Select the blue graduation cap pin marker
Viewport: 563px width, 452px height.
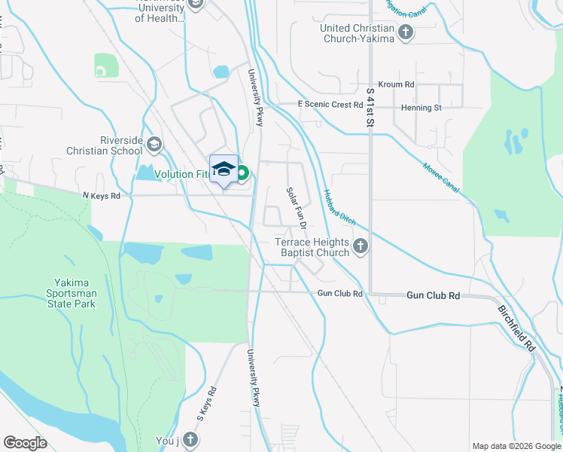click(224, 169)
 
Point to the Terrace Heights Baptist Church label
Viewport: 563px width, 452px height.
click(312, 247)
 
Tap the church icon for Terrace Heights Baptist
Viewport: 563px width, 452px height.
click(361, 245)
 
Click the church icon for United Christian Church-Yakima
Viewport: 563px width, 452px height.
click(406, 32)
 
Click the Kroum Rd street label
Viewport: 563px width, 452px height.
click(397, 85)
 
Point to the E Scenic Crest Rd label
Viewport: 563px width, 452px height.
click(330, 105)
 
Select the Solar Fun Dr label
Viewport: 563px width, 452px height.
click(296, 208)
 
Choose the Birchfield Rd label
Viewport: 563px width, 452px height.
click(516, 328)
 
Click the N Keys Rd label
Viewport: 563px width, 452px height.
click(101, 196)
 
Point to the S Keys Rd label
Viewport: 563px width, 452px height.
click(207, 403)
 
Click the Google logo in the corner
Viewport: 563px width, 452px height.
click(25, 443)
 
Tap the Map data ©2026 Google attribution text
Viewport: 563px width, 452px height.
click(516, 446)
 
